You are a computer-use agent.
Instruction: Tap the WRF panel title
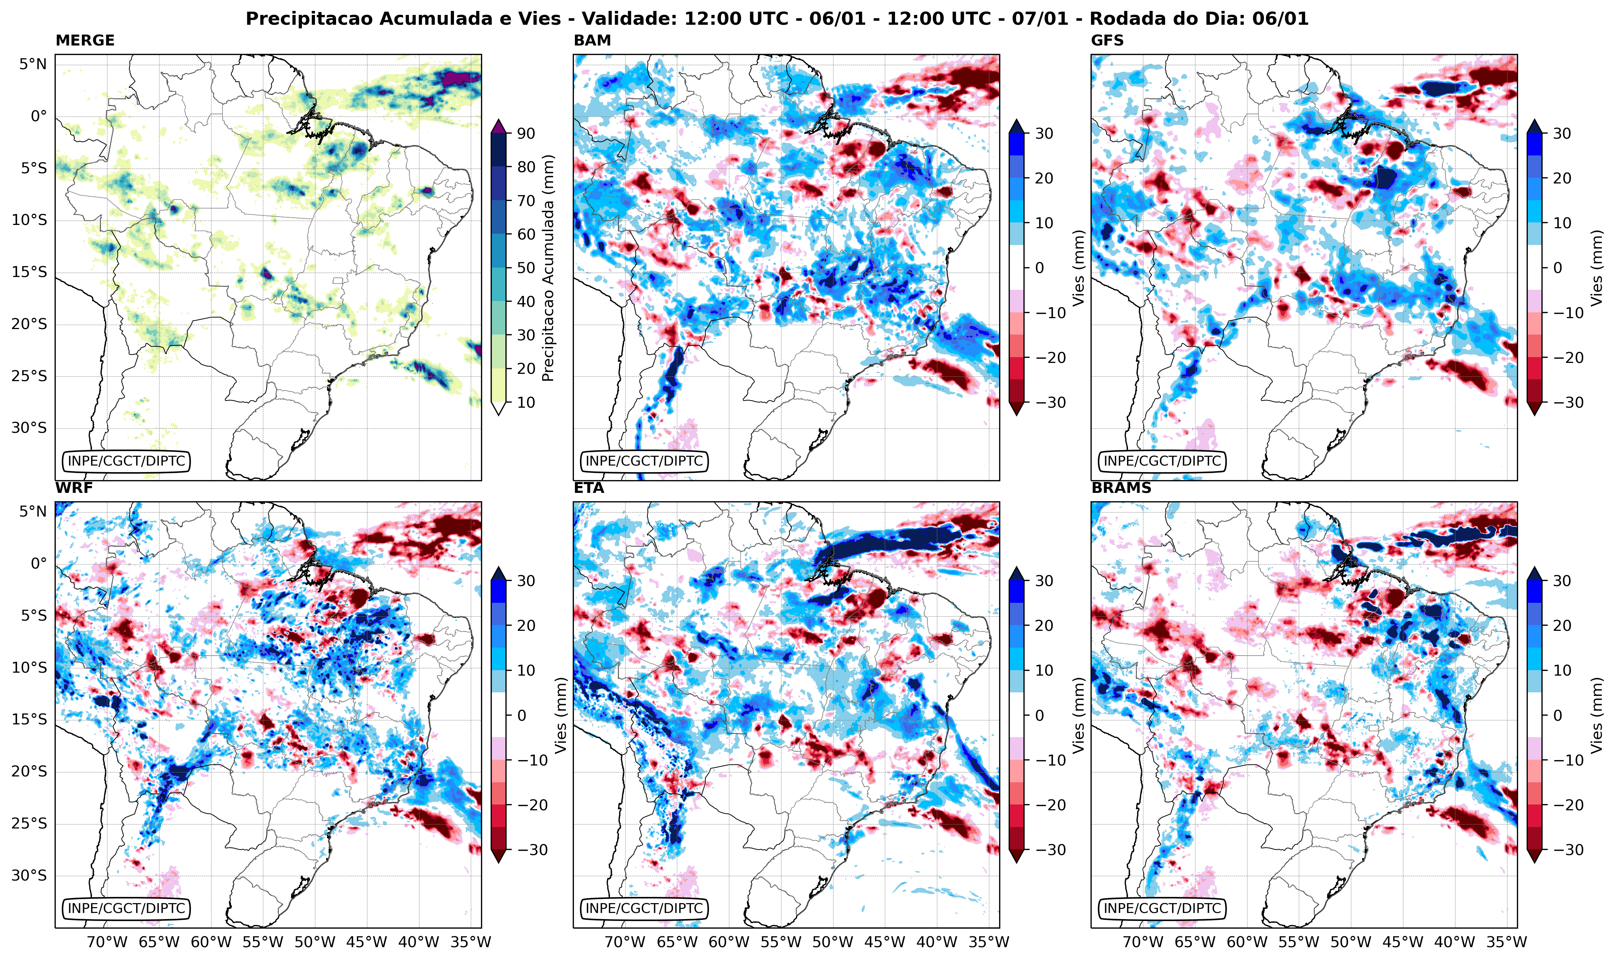point(74,488)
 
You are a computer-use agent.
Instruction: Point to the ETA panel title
point(589,488)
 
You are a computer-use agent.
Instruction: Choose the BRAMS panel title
point(1121,488)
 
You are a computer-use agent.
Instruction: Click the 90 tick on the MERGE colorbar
point(526,133)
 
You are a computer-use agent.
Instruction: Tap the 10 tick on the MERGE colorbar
point(526,402)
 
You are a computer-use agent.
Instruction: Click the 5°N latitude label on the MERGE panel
point(32,64)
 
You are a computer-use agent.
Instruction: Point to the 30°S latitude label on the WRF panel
point(29,875)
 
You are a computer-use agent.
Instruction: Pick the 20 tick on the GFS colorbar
point(1562,178)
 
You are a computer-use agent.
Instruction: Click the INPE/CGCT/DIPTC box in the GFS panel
point(1162,461)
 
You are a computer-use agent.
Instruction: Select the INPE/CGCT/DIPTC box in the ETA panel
point(644,909)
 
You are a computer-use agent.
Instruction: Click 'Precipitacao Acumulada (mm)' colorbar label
point(548,268)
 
